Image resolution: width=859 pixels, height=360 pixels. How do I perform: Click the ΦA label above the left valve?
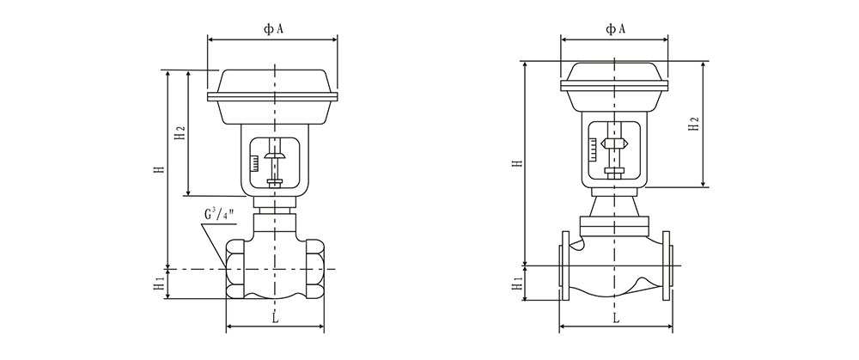coord(273,29)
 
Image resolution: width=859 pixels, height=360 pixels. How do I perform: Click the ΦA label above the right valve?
coord(615,29)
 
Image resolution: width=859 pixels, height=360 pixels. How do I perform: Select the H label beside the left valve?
coord(159,170)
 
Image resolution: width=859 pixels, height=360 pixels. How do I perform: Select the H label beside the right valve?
coord(515,162)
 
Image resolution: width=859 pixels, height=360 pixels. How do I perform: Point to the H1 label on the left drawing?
coord(159,284)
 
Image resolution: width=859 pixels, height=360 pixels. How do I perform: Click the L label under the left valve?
coord(274,319)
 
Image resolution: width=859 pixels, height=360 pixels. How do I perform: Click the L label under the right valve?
coord(616,318)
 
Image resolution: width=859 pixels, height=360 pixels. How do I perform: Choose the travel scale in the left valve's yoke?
coord(254,162)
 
